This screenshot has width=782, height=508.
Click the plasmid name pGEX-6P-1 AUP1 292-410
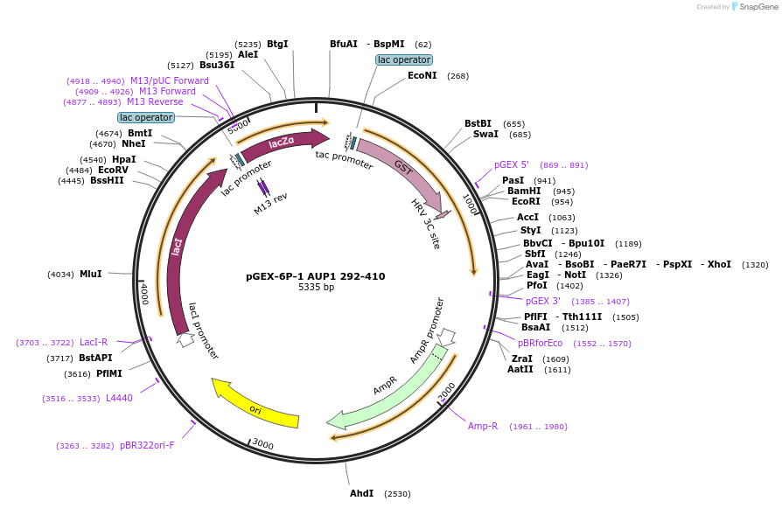[x=316, y=276]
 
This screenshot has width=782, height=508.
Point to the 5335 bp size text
[x=316, y=288]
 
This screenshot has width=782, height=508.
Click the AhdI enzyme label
[x=361, y=494]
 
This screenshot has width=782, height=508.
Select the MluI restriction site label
[x=91, y=274]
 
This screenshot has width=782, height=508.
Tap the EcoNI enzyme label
[x=422, y=76]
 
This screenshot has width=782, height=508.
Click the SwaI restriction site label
[x=485, y=135]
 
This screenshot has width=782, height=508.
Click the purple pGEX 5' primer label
[x=512, y=164]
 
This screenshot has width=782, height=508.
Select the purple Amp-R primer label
[x=483, y=427]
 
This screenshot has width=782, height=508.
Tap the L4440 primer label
[x=119, y=399]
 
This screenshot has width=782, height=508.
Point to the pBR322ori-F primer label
[x=147, y=446]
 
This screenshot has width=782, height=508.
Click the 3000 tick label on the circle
[x=263, y=444]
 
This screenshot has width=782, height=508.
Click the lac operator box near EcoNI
[x=403, y=60]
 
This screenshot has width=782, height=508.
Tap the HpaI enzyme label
[x=124, y=159]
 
